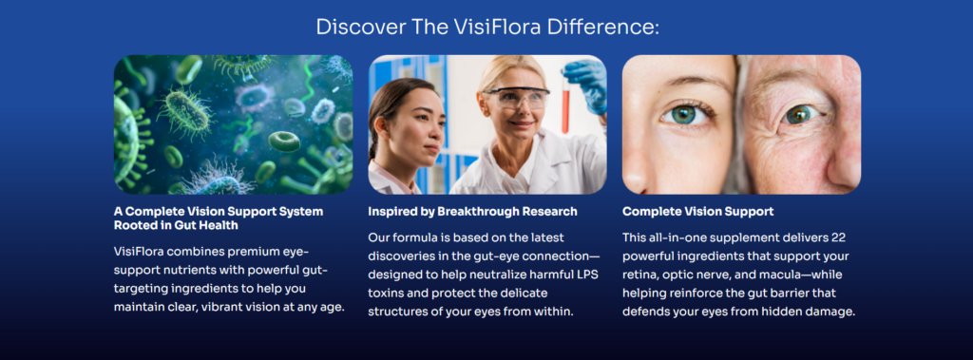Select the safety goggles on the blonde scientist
[x=516, y=98]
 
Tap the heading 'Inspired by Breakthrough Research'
[x=473, y=212]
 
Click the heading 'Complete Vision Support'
[x=698, y=212]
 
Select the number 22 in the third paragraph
[x=838, y=237]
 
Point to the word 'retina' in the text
[x=639, y=275]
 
